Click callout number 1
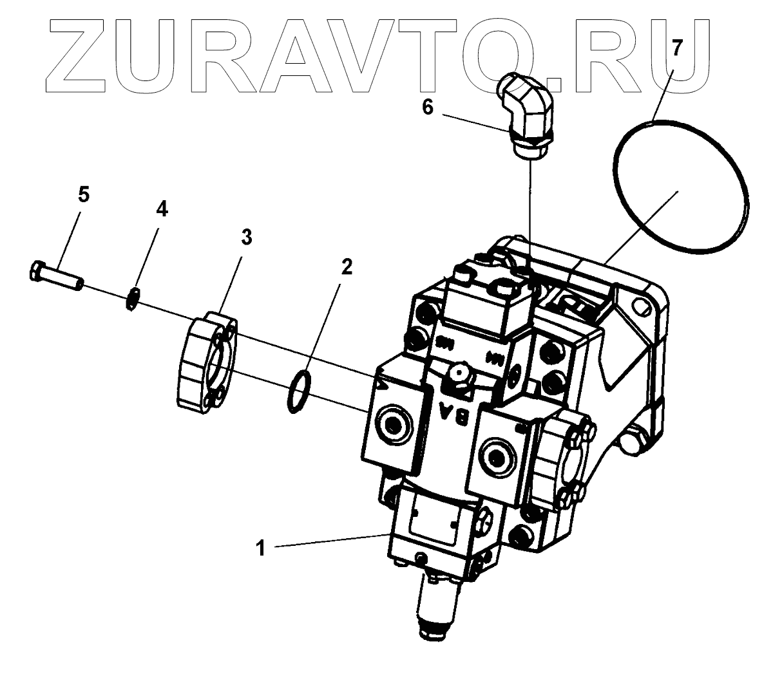tap(261, 548)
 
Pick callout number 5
tap(84, 195)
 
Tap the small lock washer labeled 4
tap(133, 299)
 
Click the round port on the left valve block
tap(392, 426)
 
